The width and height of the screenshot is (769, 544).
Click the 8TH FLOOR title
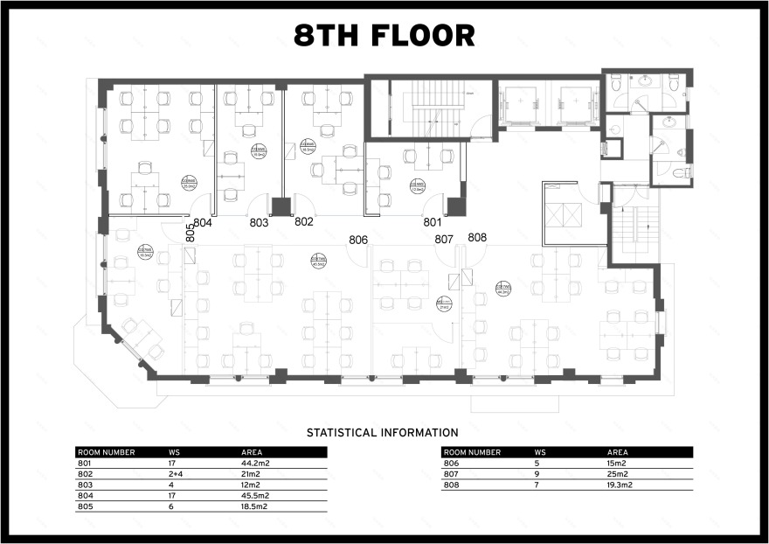(x=384, y=36)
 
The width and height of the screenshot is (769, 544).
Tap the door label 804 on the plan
(x=203, y=223)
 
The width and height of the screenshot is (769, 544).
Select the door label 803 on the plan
(x=259, y=223)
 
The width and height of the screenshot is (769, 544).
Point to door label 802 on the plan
(x=304, y=222)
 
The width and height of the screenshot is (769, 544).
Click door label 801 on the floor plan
(x=433, y=222)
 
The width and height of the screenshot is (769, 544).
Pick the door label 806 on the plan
(x=358, y=240)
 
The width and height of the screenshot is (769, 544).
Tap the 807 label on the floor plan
(x=444, y=239)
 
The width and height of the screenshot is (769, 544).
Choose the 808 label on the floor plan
(x=477, y=237)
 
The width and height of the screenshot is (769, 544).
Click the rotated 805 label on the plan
(x=190, y=233)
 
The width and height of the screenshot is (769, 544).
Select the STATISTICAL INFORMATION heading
(x=382, y=433)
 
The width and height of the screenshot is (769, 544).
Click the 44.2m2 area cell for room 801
(x=254, y=463)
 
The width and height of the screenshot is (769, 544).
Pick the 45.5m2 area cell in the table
(x=254, y=495)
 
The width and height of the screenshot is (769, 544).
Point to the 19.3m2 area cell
(x=619, y=484)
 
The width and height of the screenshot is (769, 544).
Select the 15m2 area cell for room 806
(x=616, y=463)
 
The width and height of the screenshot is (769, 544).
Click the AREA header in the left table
(x=253, y=452)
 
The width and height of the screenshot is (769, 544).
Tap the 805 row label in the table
(x=85, y=506)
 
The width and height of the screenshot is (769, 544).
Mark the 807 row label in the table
(x=451, y=473)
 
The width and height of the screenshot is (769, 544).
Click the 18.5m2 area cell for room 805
(x=254, y=506)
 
